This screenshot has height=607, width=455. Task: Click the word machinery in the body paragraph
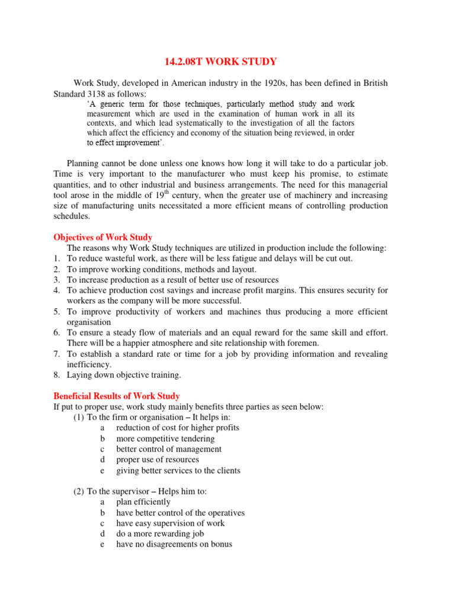pos(268,195)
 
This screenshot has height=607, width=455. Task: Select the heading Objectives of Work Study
pos(102,237)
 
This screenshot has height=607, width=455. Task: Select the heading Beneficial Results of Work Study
pos(117,396)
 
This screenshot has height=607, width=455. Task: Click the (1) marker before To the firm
pos(79,417)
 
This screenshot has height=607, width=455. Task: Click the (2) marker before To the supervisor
pos(79,491)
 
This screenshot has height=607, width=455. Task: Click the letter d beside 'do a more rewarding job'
pos(102,533)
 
